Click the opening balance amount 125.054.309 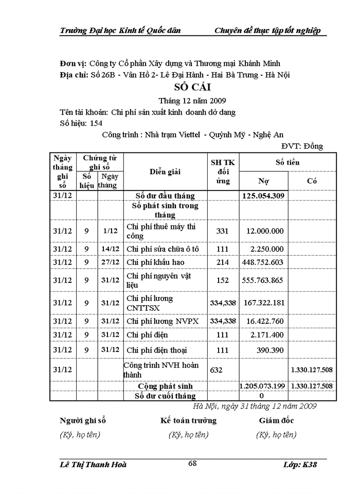click(x=265, y=196)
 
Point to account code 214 click(x=222, y=262)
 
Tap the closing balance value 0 click(x=261, y=396)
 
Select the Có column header click(x=312, y=181)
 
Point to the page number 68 click(x=192, y=464)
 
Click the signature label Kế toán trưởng click(x=188, y=420)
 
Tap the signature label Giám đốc click(x=276, y=420)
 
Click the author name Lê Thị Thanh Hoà click(x=93, y=465)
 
